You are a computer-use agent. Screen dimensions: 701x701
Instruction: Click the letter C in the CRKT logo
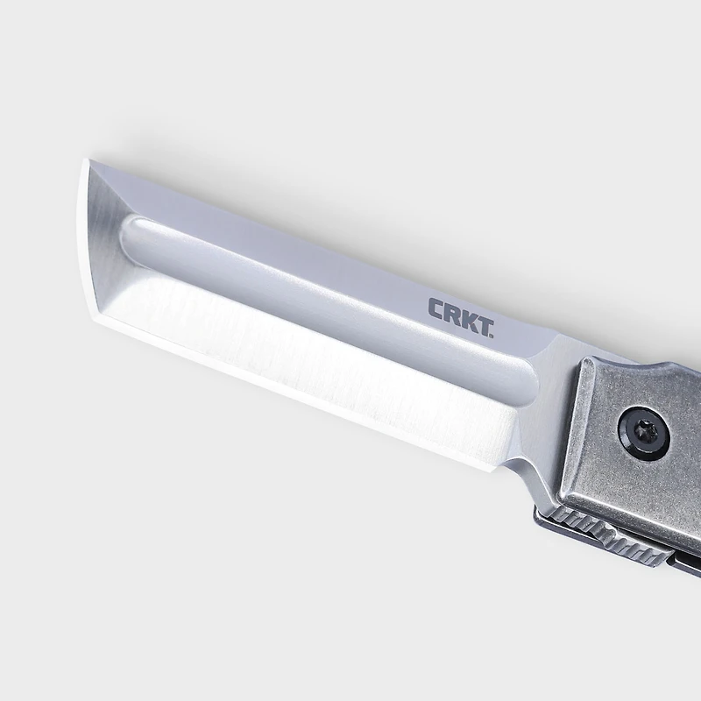point(435,308)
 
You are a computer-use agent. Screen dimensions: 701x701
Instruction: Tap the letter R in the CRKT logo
point(452,314)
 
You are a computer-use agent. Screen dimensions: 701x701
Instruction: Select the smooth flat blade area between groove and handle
point(552,412)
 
